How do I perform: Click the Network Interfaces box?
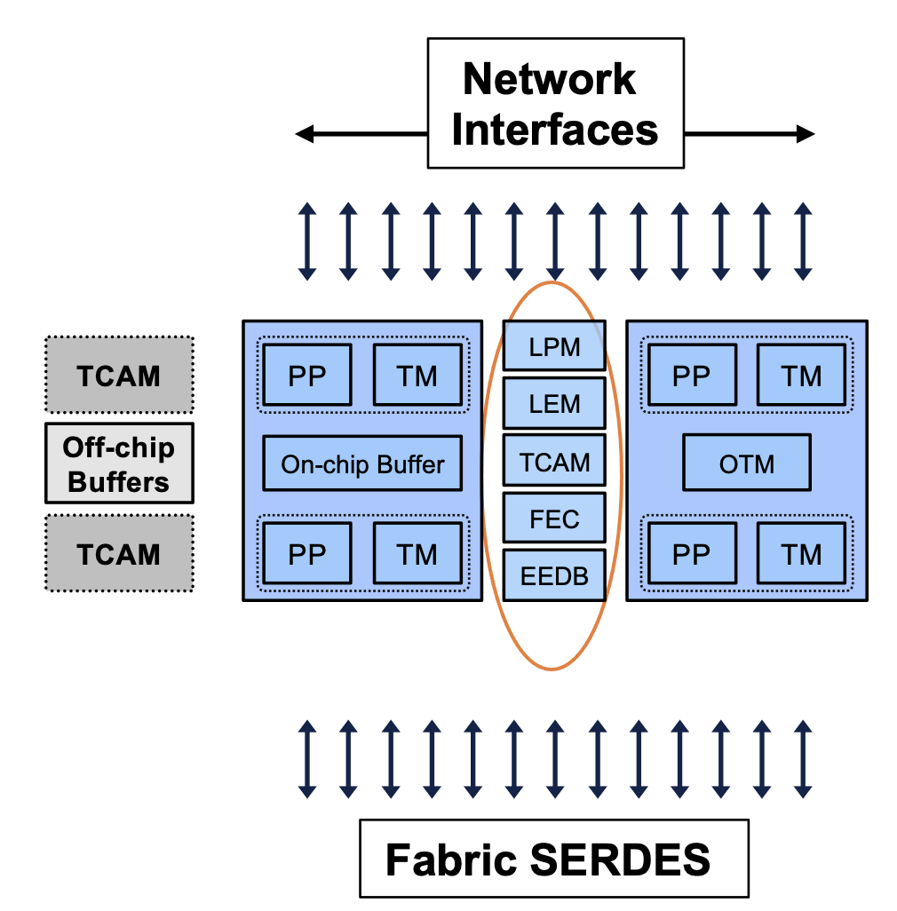tap(555, 103)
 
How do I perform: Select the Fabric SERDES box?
tap(553, 858)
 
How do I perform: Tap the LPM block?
tap(554, 346)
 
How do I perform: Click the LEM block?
tap(554, 404)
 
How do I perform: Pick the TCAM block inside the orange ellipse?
tap(554, 462)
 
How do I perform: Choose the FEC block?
tap(554, 519)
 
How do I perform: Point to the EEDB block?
tap(554, 575)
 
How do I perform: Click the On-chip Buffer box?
tap(362, 463)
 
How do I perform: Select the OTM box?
tap(746, 463)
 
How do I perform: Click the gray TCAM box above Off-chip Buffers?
tap(118, 375)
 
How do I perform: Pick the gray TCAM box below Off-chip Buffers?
tap(118, 553)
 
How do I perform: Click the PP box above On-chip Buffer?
tap(307, 376)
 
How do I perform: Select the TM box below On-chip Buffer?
tap(417, 554)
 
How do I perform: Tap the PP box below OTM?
tap(691, 554)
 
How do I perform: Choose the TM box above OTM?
tap(801, 376)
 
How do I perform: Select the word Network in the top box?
tap(549, 80)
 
